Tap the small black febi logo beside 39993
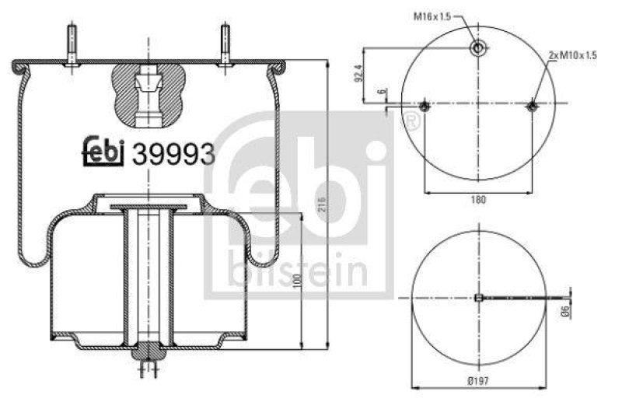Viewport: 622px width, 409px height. (x=103, y=152)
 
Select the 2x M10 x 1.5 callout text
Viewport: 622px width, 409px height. (x=572, y=55)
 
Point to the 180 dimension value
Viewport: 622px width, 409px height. (x=477, y=200)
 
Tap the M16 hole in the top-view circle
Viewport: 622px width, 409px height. (x=479, y=48)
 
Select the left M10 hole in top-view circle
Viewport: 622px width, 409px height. (x=425, y=106)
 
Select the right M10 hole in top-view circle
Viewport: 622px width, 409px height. (x=532, y=106)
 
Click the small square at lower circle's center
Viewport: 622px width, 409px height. (x=478, y=296)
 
